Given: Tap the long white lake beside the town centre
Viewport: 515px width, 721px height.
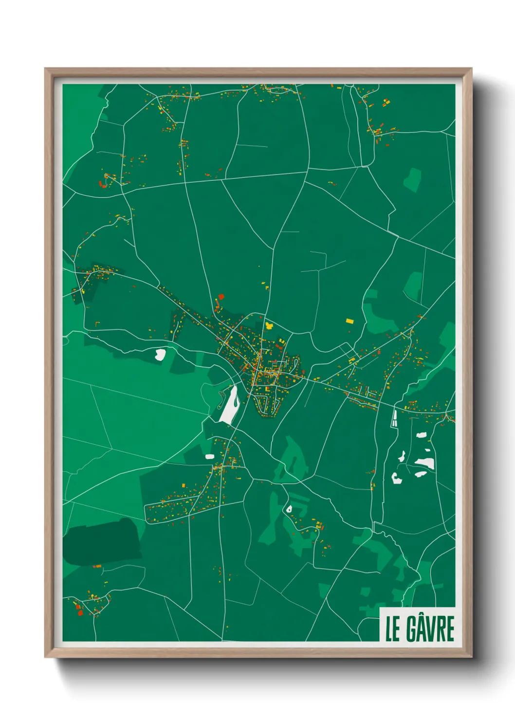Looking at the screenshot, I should click(230, 404).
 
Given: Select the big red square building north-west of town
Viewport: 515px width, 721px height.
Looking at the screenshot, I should click(221, 296).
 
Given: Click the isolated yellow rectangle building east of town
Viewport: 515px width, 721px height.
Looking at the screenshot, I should click(349, 321).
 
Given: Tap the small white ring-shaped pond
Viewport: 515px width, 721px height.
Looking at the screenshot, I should click(289, 509).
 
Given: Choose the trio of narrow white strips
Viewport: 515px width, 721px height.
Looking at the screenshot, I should click(394, 418).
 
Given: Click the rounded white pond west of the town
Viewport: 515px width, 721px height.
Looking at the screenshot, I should click(160, 354).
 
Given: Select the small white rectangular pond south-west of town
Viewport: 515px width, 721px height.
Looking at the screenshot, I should click(210, 456).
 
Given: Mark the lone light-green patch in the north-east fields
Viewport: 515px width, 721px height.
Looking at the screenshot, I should click(412, 180).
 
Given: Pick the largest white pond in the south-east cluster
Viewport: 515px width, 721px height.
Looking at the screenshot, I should click(424, 462).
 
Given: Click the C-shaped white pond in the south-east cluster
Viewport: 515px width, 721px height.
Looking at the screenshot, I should click(396, 478).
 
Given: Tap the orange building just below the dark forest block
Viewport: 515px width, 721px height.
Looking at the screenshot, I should click(97, 566).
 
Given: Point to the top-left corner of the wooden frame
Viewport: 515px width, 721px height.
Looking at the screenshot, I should click(45, 69).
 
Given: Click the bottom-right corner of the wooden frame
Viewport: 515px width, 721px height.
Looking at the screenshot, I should click(471, 657).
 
